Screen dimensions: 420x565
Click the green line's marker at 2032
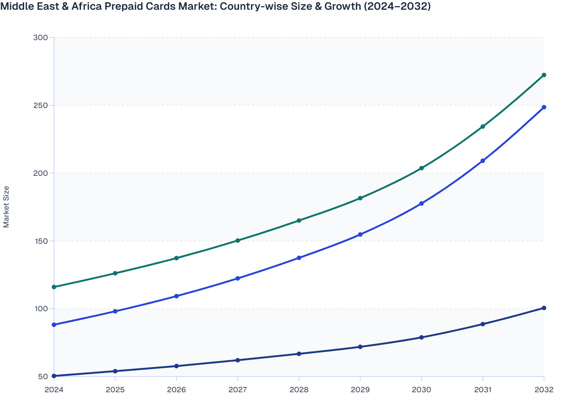coord(544,75)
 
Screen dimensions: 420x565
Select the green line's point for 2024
coord(54,287)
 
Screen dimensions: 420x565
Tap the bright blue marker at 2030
coord(421,204)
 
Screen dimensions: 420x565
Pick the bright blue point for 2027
coord(238,279)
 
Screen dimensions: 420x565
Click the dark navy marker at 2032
coord(544,308)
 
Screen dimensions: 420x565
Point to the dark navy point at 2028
coord(299,354)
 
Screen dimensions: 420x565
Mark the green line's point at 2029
coord(360,198)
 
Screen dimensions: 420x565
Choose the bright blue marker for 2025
coord(115,311)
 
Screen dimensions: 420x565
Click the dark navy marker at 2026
coord(176,366)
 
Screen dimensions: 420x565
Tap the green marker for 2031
coord(483,127)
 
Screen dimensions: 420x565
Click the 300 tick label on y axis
coord(40,37)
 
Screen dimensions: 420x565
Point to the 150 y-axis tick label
coord(40,241)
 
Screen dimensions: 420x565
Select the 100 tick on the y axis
coord(40,309)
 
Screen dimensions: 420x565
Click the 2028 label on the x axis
coord(299,390)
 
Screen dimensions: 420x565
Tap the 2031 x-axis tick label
coord(483,390)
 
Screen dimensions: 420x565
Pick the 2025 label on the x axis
coord(115,390)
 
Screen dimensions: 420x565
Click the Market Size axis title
coord(6,207)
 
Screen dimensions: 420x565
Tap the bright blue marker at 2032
coord(544,107)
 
